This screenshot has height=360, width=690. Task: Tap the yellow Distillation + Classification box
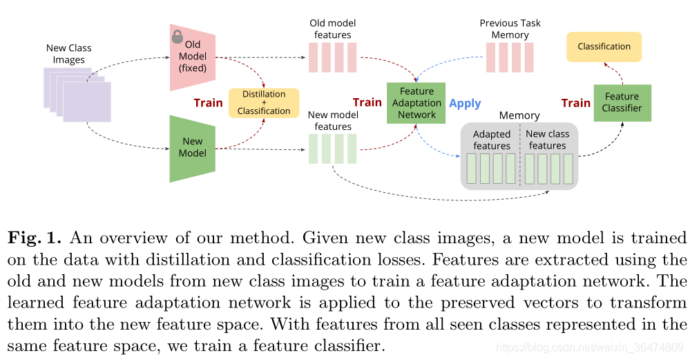point(264,102)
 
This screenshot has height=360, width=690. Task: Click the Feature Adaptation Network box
point(416,102)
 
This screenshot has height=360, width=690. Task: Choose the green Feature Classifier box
point(622,102)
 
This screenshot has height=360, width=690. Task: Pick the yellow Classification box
point(604,46)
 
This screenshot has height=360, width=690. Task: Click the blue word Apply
point(465,103)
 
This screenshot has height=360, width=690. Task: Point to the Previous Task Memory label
point(510,29)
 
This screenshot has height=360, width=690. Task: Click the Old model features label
point(333,29)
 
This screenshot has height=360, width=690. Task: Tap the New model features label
point(333,121)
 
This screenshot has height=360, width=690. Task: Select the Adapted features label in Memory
point(492,140)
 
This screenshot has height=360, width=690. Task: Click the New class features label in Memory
point(548,140)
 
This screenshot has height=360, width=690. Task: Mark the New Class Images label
point(68,54)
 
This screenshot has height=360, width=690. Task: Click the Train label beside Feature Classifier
point(575,103)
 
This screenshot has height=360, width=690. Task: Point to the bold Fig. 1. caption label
point(35,238)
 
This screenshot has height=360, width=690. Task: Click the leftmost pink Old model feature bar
point(314,57)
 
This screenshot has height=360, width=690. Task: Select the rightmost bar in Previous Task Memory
point(529,57)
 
